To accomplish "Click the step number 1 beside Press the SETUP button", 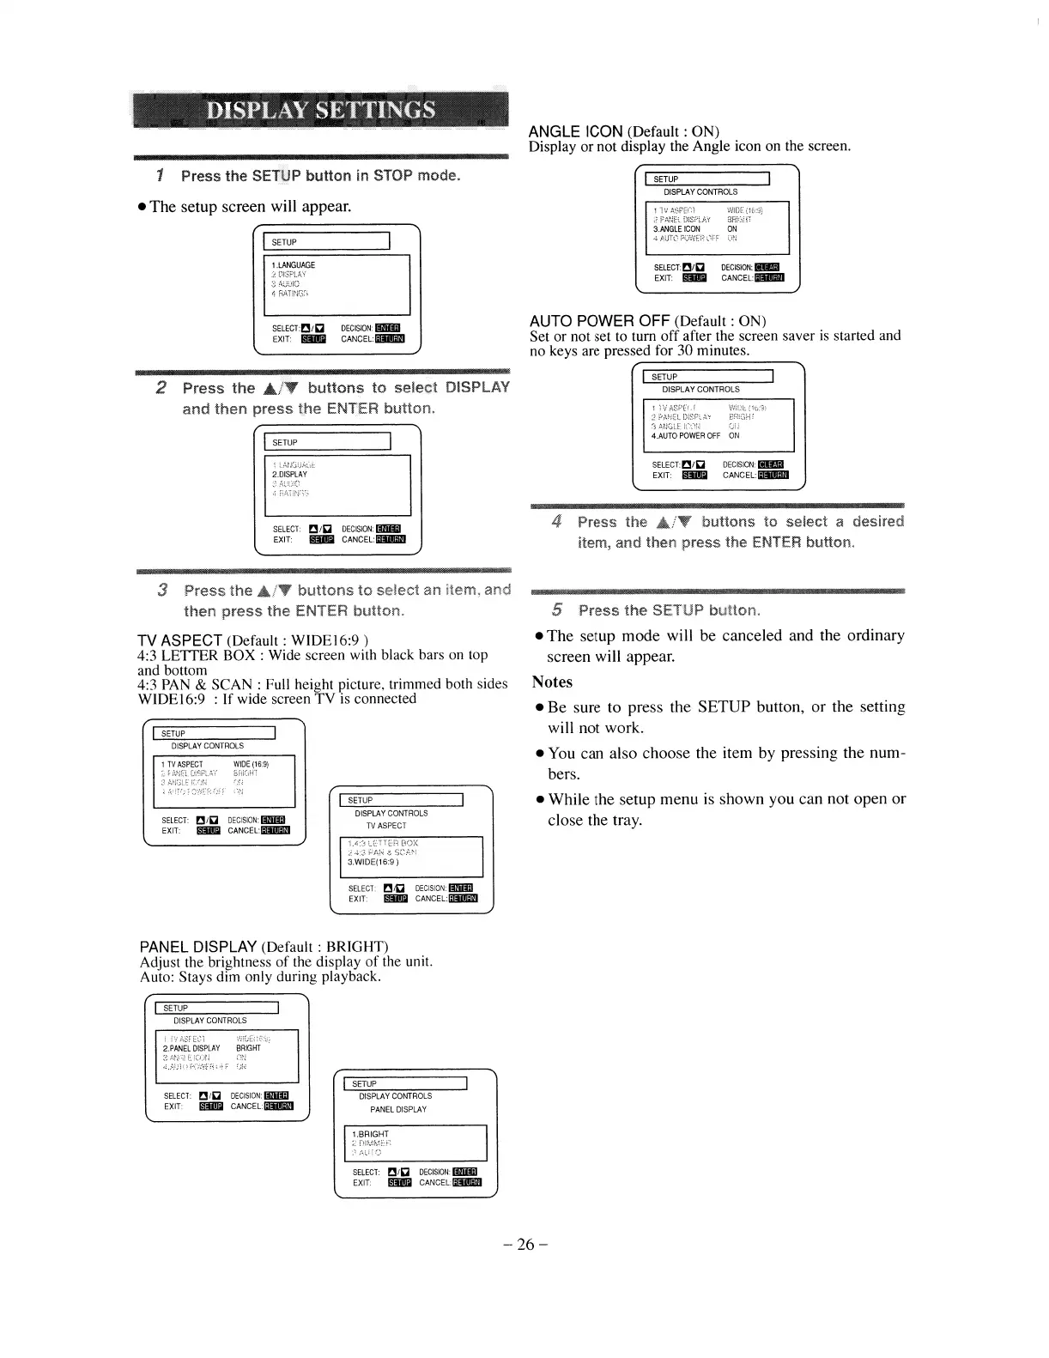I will pos(160,176).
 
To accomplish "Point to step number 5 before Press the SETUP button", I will pos(557,610).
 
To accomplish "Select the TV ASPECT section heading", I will pos(180,640).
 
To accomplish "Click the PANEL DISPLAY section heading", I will pos(198,947).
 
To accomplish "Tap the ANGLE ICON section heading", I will pos(575,131).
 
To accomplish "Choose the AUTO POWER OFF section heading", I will pos(599,322).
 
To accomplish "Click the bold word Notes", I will pos(552,682).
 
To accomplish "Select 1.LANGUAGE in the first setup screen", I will pos(294,265).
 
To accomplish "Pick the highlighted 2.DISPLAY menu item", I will pos(289,474).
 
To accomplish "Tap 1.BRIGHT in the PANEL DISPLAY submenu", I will pos(371,1134).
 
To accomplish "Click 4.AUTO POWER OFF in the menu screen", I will pos(686,435).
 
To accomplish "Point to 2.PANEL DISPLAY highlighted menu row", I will pos(191,1048).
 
